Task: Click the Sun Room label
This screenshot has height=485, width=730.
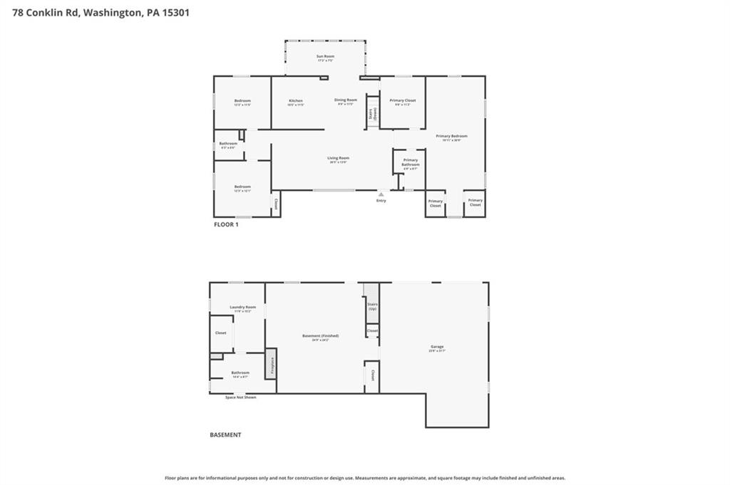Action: tap(325, 56)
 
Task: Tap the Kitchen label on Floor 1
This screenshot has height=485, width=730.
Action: tap(296, 101)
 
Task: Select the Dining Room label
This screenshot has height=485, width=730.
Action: tap(346, 100)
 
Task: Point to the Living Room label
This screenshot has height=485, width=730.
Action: tap(339, 159)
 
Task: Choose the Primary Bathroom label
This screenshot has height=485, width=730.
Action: tap(410, 163)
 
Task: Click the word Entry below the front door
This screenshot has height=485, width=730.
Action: tap(381, 201)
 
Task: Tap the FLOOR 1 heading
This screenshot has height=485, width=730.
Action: tap(227, 224)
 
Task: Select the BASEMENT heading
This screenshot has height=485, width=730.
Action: tap(225, 434)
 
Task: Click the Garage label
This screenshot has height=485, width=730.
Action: tap(436, 347)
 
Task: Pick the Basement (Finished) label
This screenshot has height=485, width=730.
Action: tap(320, 336)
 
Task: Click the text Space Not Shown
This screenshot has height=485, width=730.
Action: tap(240, 397)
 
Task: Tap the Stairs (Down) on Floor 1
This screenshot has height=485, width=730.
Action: tap(371, 114)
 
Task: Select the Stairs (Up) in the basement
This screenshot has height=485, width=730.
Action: tap(372, 306)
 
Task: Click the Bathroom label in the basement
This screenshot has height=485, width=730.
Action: tap(240, 373)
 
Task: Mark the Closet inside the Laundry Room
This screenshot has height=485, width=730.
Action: tap(221, 333)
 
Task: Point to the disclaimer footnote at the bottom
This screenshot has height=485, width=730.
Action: tap(365, 478)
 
